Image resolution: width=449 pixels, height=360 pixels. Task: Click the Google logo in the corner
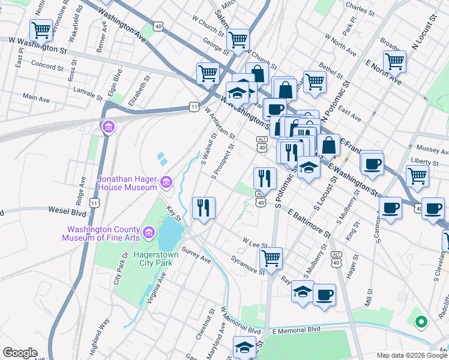[x=19, y=353]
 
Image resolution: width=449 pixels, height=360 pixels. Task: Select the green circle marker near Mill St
[x=421, y=322]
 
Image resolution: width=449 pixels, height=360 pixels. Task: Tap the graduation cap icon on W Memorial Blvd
[x=244, y=346]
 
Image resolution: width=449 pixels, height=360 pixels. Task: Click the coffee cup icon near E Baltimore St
[x=391, y=208]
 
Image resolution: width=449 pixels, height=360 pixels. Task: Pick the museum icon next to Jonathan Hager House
[x=167, y=181]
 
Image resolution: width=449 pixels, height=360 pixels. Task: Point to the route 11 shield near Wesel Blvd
[x=95, y=202]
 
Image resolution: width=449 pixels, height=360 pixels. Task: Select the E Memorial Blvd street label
[x=297, y=331]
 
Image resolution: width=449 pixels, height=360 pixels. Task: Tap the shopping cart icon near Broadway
[x=394, y=61]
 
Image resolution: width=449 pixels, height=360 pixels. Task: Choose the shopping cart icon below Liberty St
[x=417, y=176]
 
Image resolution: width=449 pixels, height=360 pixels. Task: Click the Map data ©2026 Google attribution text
[x=411, y=355]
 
